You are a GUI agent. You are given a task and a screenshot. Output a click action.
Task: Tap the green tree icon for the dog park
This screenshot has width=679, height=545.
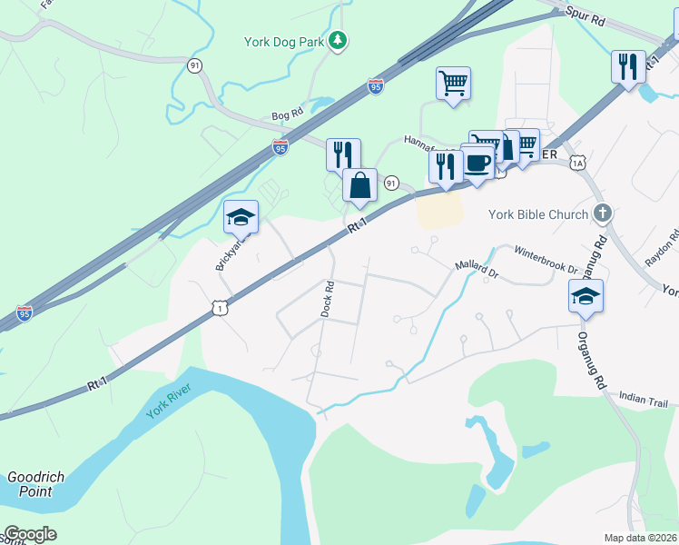[338, 40]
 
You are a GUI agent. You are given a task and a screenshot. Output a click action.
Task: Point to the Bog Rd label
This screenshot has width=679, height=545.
[285, 116]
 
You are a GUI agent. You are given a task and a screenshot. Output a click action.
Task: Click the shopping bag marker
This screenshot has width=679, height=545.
[360, 185]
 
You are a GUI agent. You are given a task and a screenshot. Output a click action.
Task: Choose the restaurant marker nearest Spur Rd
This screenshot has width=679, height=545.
[627, 67]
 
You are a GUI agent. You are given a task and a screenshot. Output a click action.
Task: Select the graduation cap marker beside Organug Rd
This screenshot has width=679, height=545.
[586, 296]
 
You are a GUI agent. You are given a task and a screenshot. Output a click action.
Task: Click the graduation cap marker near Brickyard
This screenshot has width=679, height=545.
[241, 218]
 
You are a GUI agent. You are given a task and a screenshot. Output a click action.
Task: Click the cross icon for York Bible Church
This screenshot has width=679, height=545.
[601, 213]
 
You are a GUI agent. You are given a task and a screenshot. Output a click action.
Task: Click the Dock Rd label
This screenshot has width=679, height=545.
[328, 298]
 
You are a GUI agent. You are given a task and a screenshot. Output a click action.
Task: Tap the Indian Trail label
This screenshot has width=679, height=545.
[644, 398]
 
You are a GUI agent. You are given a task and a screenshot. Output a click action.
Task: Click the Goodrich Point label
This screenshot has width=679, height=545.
[30, 484]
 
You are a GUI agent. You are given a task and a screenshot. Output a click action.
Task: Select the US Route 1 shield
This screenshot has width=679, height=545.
[221, 309]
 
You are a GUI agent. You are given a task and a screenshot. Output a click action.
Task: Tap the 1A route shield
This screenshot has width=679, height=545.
[576, 163]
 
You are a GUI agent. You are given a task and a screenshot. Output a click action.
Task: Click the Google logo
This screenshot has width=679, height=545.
[29, 534]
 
